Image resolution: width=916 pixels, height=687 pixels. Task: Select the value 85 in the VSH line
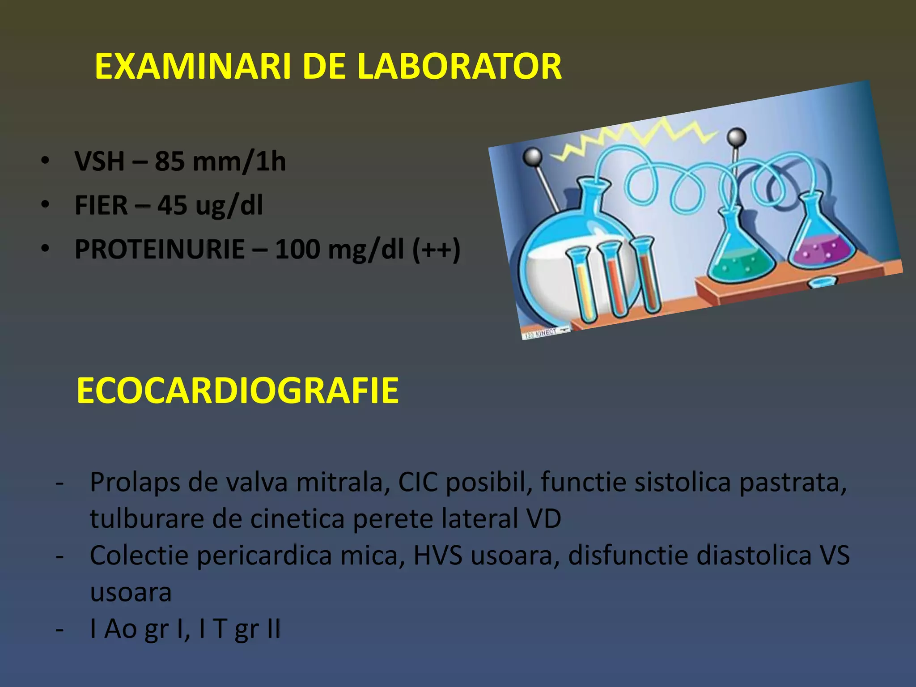click(x=170, y=161)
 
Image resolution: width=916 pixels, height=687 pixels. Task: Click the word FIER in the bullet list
click(x=102, y=205)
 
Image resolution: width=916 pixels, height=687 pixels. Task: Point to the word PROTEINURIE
click(x=160, y=249)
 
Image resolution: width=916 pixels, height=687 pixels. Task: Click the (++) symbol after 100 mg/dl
click(x=436, y=249)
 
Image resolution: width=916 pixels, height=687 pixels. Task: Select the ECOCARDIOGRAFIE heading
click(x=237, y=390)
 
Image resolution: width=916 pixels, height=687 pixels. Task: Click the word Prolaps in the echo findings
click(x=134, y=483)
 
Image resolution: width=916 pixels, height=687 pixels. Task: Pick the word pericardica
click(x=264, y=556)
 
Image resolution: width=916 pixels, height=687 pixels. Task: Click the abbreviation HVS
click(x=437, y=556)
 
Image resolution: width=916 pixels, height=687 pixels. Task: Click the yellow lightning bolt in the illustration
click(x=635, y=139)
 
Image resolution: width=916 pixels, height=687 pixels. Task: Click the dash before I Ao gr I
click(x=59, y=630)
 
